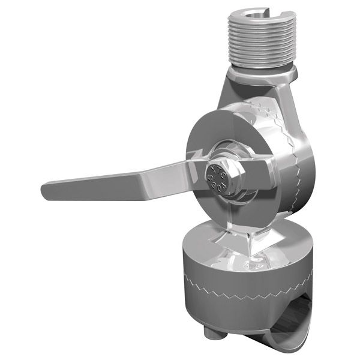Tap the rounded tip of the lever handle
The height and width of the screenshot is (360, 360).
tap(47, 192)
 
